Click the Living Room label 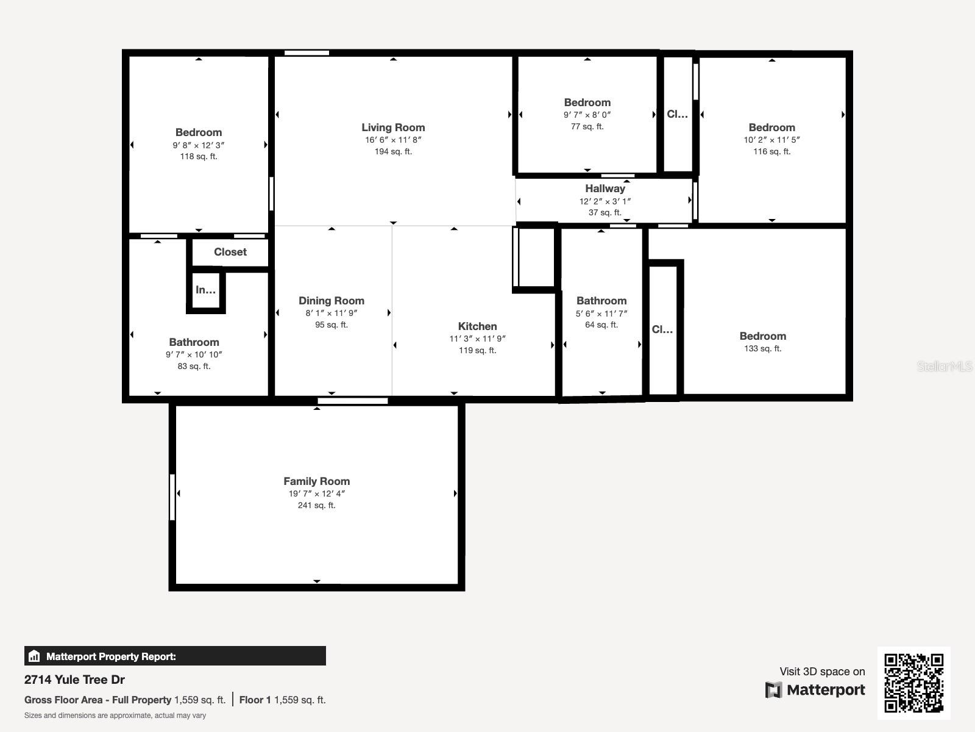click(393, 127)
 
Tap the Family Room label click(316, 481)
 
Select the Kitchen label click(477, 326)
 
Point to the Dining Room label click(331, 301)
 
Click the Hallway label click(605, 188)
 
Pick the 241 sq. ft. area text click(316, 505)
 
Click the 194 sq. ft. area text click(393, 151)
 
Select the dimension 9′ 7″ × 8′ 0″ click(587, 115)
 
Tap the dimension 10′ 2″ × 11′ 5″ click(771, 140)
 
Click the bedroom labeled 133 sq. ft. click(762, 336)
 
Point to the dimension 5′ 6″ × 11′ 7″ click(601, 314)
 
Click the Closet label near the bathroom click(230, 252)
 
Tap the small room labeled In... click(205, 290)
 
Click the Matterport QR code click(913, 683)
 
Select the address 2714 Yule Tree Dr click(74, 680)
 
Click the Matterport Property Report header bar click(175, 656)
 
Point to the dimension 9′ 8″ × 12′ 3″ click(199, 145)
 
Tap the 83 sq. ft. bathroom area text click(194, 366)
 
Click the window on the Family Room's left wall click(172, 497)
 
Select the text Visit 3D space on click(822, 672)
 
